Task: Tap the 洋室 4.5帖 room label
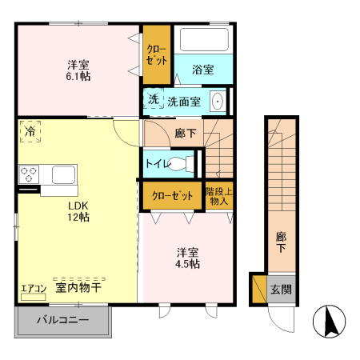pos(189,258)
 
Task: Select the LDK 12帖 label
pos(78,210)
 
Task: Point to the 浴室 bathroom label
pos(203,70)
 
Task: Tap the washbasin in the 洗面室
pos(216,102)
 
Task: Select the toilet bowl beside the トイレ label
pos(183,164)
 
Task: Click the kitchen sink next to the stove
pos(63,174)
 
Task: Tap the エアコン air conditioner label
pos(34,289)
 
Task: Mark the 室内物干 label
pos(77,286)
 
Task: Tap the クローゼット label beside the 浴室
pos(155,54)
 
